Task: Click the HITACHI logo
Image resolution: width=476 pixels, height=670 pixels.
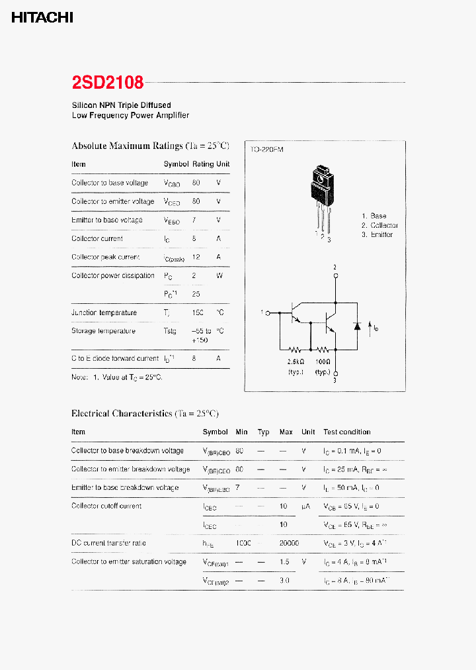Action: click(x=42, y=18)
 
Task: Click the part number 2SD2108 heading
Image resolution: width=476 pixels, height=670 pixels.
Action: click(x=108, y=83)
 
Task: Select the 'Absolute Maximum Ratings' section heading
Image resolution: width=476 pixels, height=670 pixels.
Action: click(x=150, y=146)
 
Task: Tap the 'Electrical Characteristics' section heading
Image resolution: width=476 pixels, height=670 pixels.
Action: click(x=144, y=413)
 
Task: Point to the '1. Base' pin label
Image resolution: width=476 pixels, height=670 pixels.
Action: click(x=374, y=216)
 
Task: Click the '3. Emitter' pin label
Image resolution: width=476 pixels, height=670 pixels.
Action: click(x=377, y=234)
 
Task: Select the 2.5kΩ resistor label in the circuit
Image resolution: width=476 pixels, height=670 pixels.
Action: click(x=295, y=362)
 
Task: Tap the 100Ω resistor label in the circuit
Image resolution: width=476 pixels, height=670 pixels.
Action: click(x=323, y=362)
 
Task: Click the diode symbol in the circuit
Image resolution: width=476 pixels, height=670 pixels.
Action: click(x=358, y=326)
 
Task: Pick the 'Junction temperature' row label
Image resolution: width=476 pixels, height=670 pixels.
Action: click(x=104, y=312)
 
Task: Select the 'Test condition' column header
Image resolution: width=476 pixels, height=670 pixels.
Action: click(x=347, y=432)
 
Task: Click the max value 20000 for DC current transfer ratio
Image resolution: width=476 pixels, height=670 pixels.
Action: click(x=289, y=543)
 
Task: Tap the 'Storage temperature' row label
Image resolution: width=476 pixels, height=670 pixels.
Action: click(x=103, y=331)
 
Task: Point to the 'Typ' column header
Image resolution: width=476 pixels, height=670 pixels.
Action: click(x=263, y=432)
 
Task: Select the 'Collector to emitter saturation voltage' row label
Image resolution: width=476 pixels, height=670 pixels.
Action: click(x=129, y=561)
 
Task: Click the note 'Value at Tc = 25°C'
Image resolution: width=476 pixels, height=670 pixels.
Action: click(x=117, y=377)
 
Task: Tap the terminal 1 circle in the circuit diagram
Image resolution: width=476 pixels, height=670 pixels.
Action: click(x=268, y=312)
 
